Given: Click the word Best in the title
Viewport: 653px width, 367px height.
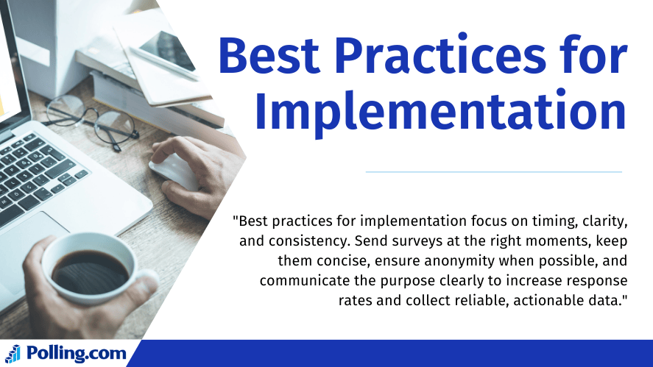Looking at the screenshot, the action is [269, 56].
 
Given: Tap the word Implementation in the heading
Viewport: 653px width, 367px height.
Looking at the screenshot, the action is [440, 111].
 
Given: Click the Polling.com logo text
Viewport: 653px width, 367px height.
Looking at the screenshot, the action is [77, 353].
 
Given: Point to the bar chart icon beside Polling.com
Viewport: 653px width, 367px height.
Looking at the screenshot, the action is [13, 354].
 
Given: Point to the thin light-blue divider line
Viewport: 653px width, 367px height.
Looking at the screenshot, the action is [494, 171].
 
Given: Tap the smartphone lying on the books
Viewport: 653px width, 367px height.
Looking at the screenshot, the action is [166, 51].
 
